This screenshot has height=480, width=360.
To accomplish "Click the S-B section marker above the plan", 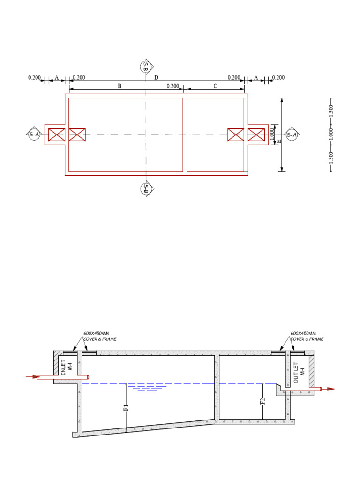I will pos(145,66).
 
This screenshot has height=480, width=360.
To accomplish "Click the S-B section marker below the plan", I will pos(145,188).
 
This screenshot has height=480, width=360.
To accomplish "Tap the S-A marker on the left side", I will pos(33,134).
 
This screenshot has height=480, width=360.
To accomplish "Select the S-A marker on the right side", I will pos(292,135).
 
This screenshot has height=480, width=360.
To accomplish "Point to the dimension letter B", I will pos(120,86).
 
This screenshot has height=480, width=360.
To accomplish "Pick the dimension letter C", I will pos(215,86).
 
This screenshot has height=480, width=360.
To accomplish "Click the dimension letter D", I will pos(157,77).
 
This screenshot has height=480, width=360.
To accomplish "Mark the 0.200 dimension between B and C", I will pos(173,86).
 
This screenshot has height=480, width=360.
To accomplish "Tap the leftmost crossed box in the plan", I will pos(57,135).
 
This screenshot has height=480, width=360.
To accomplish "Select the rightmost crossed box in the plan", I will pos(256,135).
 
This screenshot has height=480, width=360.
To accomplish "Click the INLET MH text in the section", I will pos(66,367).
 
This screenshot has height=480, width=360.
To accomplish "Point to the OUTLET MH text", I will pos(299,372).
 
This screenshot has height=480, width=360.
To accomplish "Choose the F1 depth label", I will pos(126,407).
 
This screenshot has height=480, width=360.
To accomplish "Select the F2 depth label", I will pos(263,401).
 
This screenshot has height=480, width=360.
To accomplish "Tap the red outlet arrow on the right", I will pos(330,389).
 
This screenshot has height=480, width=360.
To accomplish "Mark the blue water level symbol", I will pos(147,387).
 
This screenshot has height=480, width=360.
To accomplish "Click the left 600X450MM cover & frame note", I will pos(100,336).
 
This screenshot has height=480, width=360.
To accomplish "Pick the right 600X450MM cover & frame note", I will pos(307,336).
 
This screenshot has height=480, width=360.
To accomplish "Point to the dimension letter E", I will pos(279,140).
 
